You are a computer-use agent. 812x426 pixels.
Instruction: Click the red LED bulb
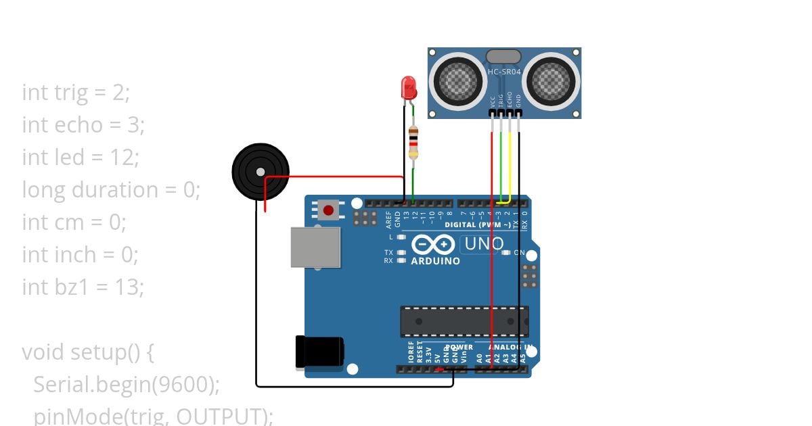click(409, 87)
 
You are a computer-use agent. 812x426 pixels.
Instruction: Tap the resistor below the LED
click(413, 143)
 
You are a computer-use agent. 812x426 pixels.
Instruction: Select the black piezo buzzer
click(261, 172)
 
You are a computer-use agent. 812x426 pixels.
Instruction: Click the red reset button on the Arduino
click(328, 210)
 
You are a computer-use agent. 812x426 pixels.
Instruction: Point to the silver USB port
click(315, 247)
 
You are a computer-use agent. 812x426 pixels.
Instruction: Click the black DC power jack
click(320, 352)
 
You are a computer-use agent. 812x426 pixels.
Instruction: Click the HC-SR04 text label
click(505, 72)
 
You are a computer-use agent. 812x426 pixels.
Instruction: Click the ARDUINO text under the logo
click(435, 261)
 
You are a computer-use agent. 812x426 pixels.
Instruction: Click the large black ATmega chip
click(464, 321)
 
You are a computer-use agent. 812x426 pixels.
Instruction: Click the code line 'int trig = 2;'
click(76, 92)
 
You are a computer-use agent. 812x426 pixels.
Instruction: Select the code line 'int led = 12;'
click(81, 157)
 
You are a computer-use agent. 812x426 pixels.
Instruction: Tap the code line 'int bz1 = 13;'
click(83, 287)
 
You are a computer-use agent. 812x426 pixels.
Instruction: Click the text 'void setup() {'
click(89, 352)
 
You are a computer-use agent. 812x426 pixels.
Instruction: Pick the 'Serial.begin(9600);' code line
click(127, 384)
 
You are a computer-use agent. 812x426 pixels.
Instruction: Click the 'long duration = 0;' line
click(112, 189)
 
